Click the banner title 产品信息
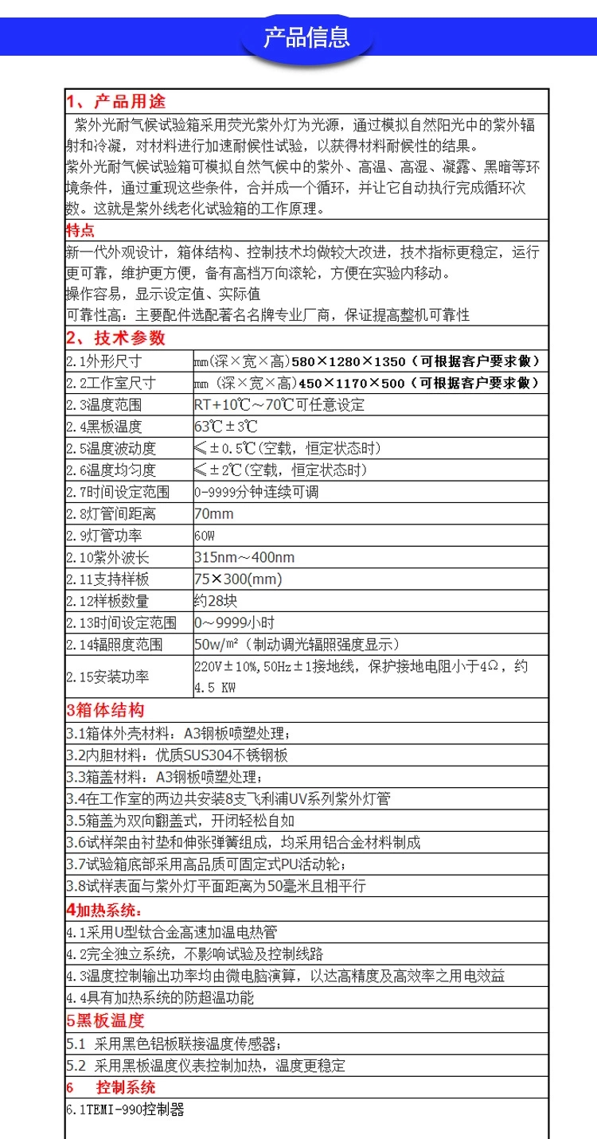(306, 37)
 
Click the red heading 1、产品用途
(116, 102)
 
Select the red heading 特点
(80, 231)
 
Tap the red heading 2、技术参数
(116, 337)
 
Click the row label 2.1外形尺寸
(103, 361)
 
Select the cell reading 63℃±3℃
(226, 426)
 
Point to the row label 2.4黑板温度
(103, 426)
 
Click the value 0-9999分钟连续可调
(256, 492)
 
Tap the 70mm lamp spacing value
(213, 513)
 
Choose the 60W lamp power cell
(205, 536)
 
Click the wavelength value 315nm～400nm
(244, 557)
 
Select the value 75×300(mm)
(238, 579)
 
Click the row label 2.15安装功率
(107, 677)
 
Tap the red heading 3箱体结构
(105, 710)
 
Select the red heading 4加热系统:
(104, 910)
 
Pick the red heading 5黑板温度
(105, 1021)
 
